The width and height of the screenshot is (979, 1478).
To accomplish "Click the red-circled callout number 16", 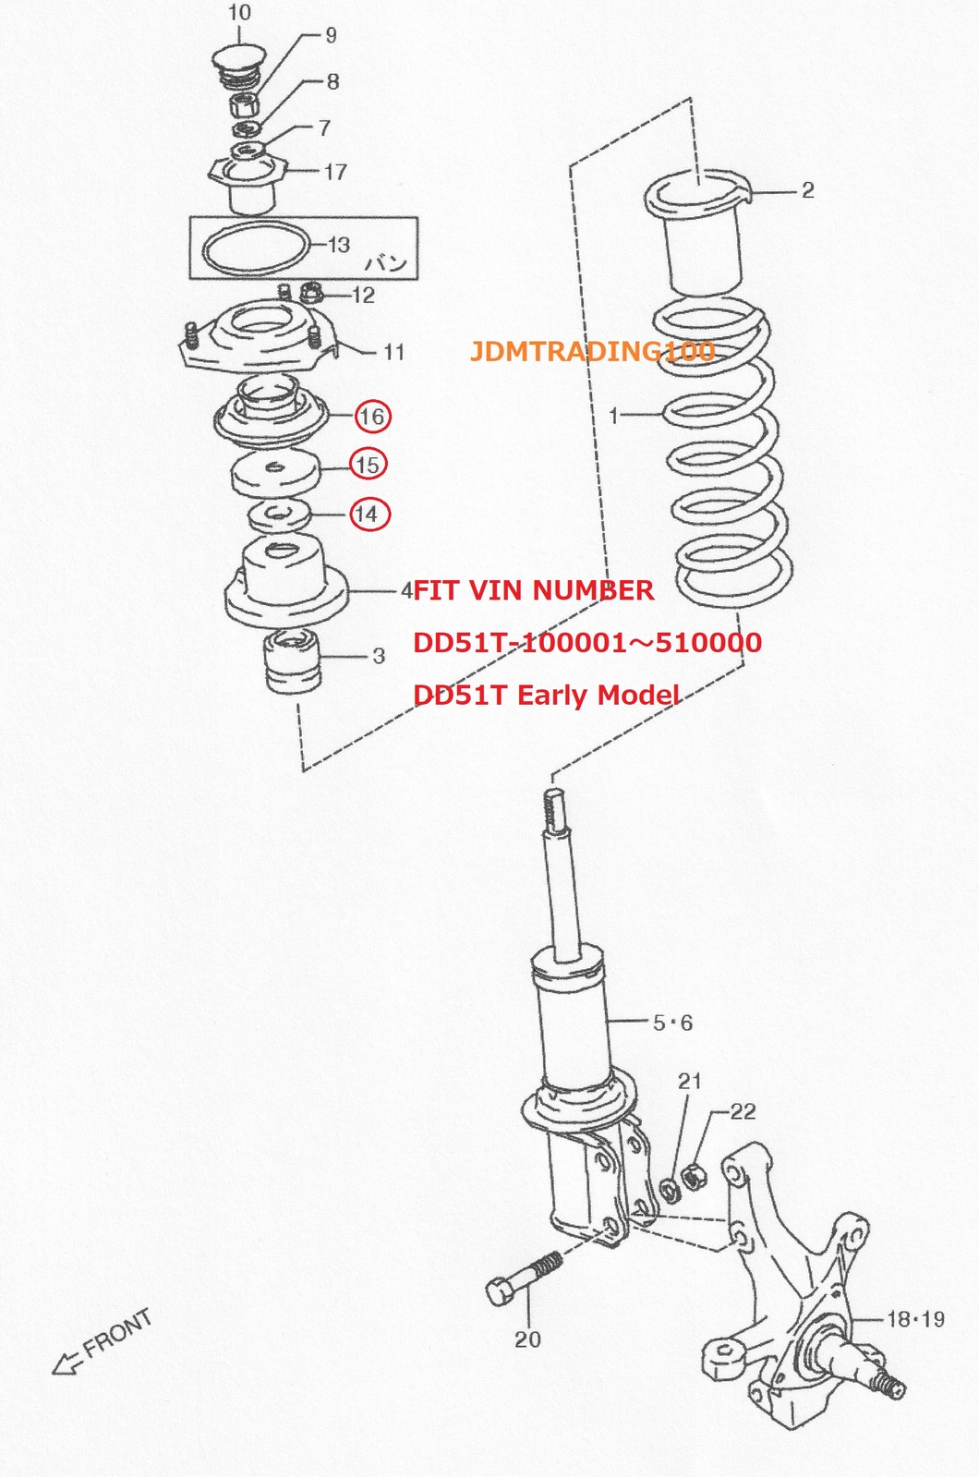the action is pos(373,417).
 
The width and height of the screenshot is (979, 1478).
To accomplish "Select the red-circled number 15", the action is pos(369,465).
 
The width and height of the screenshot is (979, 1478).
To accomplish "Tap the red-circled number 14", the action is pos(369,514).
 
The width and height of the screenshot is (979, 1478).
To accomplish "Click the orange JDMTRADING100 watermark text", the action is pos(592,351).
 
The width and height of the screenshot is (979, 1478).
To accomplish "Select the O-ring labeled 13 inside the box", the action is pos(256,247).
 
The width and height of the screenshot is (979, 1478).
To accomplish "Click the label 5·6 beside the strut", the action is pos(673,1023).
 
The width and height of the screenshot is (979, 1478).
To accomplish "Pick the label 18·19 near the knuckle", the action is pos(916,1319).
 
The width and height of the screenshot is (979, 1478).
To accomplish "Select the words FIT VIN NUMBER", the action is pos(534,590).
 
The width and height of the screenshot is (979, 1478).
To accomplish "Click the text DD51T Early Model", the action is pos(546,695).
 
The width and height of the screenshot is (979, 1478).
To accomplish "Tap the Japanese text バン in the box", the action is pos(387,263).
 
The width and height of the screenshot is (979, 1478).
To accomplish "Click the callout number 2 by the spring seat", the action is pos(807,190).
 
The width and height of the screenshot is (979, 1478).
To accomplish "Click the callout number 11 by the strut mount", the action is pos(393,352).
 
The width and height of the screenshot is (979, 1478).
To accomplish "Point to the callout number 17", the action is pos(336,172).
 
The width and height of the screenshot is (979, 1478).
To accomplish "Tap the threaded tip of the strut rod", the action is pos(555,809).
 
